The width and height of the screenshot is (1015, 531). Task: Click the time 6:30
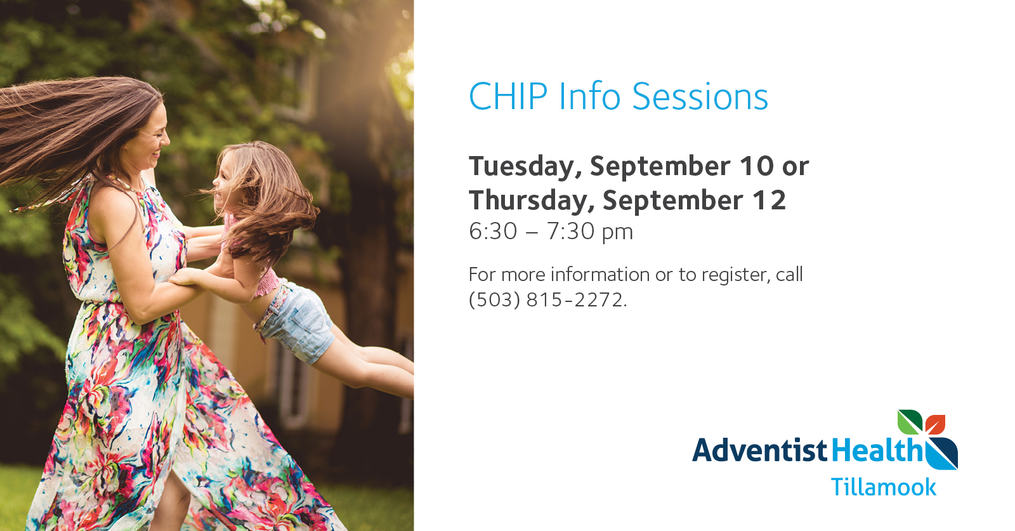point(492,231)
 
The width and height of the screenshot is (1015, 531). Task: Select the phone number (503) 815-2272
point(548,299)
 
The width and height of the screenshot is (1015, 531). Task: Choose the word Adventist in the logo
point(760,450)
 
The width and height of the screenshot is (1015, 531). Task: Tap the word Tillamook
point(883,487)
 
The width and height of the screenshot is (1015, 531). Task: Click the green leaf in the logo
point(910,422)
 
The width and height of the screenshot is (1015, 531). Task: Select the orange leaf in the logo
point(935,424)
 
